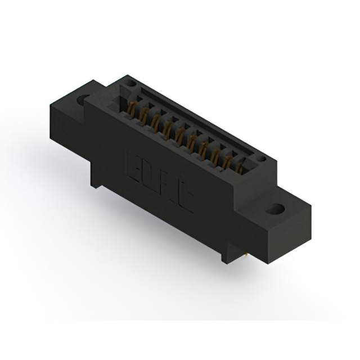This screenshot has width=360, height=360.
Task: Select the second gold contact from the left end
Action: tap(144, 114)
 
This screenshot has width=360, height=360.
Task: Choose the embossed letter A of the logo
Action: tap(168, 192)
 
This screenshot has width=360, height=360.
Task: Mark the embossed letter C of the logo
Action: tap(183, 204)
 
